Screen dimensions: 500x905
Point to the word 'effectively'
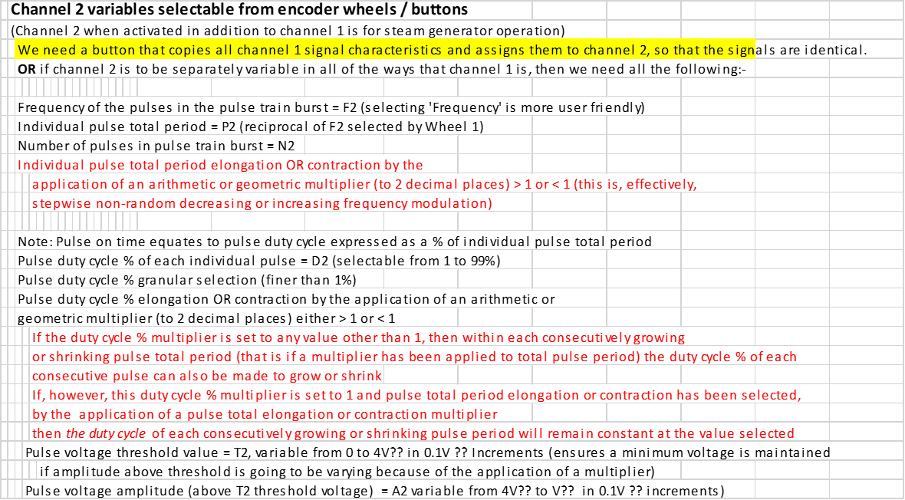click(x=661, y=185)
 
